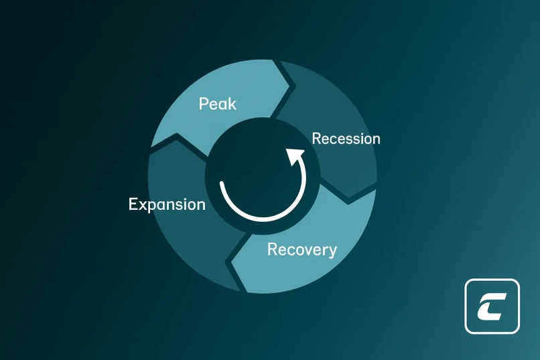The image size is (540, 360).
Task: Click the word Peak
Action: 218,104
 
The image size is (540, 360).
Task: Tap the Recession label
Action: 346,139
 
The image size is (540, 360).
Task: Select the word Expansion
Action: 167,204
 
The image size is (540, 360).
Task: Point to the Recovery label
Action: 302,249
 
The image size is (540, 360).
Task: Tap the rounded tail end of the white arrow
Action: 222,183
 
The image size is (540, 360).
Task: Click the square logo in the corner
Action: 492,306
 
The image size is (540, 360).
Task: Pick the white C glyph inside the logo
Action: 491,306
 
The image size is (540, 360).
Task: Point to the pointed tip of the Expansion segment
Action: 177,133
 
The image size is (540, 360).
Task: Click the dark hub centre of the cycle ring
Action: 263,176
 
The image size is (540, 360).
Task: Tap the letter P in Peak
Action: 204,104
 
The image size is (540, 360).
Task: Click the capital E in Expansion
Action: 133,204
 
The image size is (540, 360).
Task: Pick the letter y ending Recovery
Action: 332,252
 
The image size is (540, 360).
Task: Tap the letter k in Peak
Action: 232,104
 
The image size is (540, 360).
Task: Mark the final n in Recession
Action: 376,140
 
